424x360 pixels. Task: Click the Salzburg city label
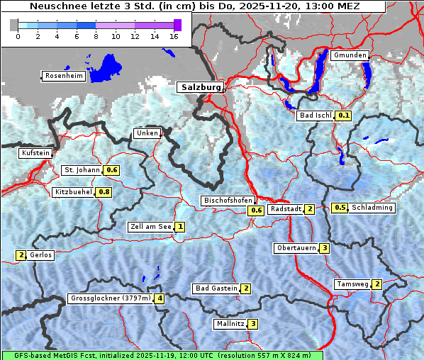[200, 87]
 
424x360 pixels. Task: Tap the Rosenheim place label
[63, 76]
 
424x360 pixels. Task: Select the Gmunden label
[350, 55]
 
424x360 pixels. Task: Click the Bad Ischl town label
[316, 115]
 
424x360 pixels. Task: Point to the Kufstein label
[35, 153]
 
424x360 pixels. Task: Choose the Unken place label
[147, 133]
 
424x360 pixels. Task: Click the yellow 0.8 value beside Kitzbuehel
[104, 192]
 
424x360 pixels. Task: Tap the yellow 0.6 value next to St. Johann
[111, 170]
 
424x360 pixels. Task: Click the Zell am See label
[150, 227]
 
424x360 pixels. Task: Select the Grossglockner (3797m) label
[111, 298]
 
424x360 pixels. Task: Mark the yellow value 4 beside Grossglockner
[160, 298]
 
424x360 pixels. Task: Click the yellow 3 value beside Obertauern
[324, 248]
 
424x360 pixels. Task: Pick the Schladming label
[372, 208]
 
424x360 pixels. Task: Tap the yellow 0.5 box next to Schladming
[340, 208]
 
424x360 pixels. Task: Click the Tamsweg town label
[352, 284]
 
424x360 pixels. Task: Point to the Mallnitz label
[230, 324]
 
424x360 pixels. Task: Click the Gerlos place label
[41, 255]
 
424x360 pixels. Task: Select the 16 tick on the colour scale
[173, 35]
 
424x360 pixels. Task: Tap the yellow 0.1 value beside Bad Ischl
[344, 115]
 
